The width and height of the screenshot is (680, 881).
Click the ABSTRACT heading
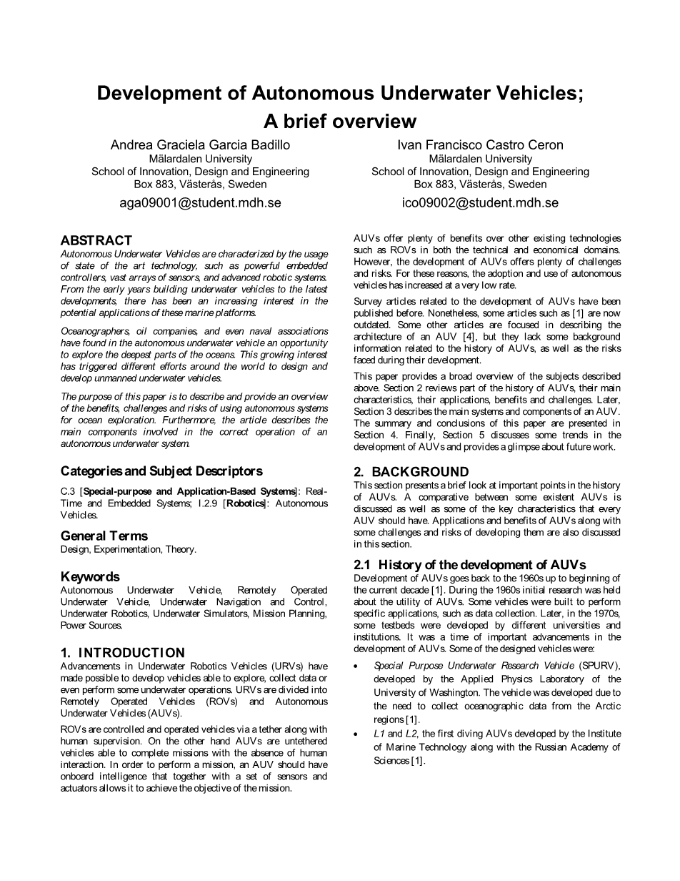pos(96,240)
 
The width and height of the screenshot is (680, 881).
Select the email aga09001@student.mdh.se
pos(200,203)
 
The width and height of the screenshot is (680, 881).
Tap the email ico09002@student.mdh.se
pos(480,203)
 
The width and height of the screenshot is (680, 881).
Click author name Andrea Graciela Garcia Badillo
pos(200,144)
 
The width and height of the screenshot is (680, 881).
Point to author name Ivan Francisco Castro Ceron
pos(480,144)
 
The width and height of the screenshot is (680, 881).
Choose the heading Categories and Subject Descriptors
pos(161,471)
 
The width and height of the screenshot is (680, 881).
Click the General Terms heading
pos(104,536)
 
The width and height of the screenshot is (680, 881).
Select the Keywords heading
pos(90,576)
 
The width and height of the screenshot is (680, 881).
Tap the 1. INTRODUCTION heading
pos(122,653)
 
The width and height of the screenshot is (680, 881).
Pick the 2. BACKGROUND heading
pos(411,472)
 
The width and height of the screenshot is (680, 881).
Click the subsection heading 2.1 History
pos(470,565)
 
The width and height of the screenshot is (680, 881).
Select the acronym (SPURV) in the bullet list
pos(600,666)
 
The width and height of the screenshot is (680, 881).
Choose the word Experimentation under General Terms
pos(127,549)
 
